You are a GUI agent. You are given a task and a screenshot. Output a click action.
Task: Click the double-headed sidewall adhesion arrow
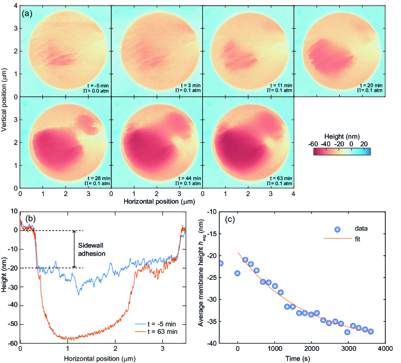(x=74, y=249)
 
